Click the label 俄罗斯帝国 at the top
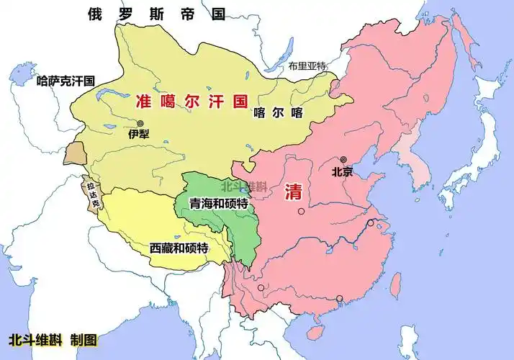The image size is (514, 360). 155,14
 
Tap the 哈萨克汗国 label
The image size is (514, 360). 66,81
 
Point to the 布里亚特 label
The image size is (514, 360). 307,66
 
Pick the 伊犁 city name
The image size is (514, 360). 139,135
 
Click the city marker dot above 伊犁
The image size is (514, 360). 140,123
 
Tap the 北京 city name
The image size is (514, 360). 343,172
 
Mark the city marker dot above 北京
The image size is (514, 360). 343,160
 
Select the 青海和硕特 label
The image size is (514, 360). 218,204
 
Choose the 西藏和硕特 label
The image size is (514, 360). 179,248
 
